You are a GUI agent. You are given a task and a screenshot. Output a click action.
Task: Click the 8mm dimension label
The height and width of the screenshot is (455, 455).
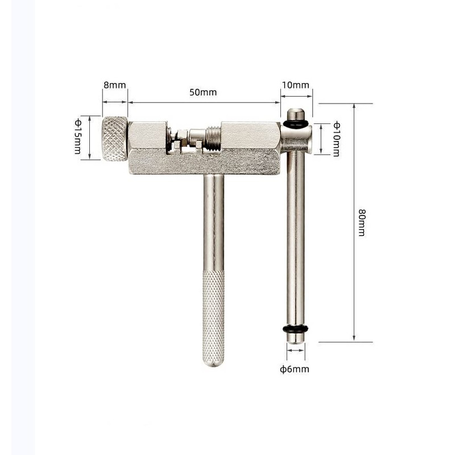(114, 85)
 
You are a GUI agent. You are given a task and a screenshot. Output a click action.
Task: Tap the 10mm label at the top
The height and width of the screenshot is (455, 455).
(296, 85)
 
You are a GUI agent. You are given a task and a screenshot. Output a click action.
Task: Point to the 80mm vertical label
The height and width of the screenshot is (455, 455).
(361, 222)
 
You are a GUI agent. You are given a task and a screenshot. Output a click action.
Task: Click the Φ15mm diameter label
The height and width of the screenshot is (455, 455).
(78, 136)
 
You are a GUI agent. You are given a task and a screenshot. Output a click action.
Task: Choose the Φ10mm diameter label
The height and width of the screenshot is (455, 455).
(336, 139)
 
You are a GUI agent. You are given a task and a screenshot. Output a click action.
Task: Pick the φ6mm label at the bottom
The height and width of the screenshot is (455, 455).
(295, 369)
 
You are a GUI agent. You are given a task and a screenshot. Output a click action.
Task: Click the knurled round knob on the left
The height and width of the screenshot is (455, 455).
(115, 139)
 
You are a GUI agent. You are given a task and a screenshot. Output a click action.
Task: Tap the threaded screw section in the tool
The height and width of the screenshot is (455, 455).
(212, 139)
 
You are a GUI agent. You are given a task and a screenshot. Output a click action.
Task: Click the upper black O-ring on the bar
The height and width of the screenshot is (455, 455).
(296, 123)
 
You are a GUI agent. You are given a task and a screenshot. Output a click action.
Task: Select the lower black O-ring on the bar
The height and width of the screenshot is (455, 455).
(295, 329)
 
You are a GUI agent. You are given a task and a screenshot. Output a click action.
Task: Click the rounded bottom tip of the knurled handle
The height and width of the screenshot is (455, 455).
(213, 362)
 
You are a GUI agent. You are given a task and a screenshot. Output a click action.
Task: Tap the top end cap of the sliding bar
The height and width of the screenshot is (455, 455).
(296, 113)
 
